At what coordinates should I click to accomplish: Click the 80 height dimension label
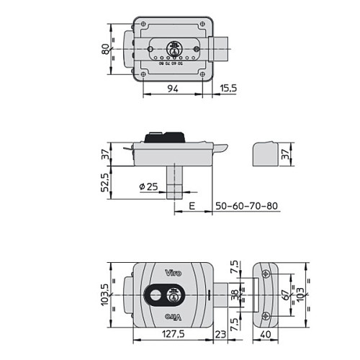(104, 48)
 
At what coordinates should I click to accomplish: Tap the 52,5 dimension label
(105, 184)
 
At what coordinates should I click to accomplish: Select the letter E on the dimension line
(192, 206)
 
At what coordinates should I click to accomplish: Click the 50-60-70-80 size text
(247, 206)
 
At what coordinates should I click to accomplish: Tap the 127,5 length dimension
(171, 334)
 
